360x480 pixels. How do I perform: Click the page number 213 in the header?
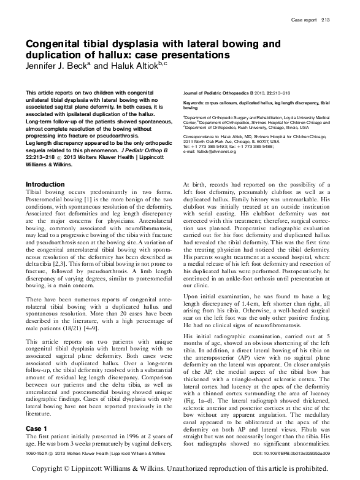pos(326,20)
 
